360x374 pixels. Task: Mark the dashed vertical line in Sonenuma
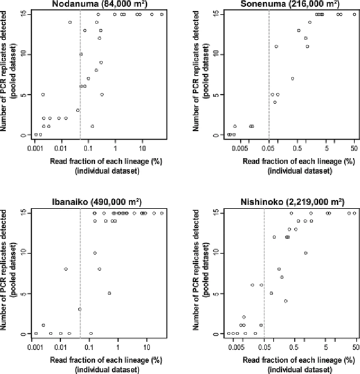(269, 75)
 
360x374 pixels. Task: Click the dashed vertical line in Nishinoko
(264, 272)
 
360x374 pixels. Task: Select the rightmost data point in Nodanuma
(162, 14)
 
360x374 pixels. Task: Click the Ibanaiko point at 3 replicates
(79, 309)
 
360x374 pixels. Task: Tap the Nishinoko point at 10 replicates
(305, 252)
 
